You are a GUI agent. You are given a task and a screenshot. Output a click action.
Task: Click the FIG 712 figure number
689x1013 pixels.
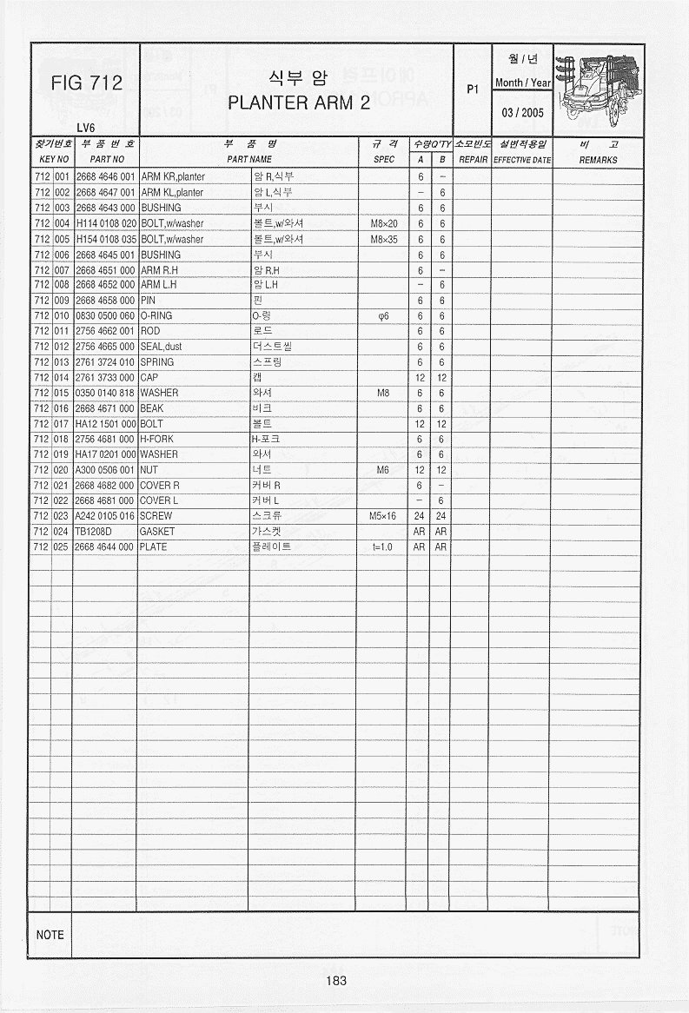[87, 83]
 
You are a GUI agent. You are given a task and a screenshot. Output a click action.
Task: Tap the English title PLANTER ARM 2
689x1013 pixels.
[299, 103]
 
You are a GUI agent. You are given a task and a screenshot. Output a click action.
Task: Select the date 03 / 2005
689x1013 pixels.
[522, 113]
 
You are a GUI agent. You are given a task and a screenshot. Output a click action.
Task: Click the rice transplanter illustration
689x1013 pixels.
[598, 89]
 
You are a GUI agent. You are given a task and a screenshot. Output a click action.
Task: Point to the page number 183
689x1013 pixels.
[336, 980]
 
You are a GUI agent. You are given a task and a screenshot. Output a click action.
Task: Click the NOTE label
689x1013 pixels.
[50, 935]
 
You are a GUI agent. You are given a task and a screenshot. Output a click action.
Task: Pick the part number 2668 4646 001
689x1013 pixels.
[105, 176]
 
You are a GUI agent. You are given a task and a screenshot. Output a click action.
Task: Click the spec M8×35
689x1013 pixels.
[383, 239]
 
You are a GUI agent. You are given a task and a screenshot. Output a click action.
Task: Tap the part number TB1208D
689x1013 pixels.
[94, 531]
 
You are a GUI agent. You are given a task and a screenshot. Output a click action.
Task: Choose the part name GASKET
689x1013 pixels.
[157, 531]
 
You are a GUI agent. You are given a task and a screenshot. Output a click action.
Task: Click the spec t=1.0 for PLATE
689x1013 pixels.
[383, 546]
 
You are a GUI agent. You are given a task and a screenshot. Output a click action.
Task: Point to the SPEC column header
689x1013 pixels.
[383, 160]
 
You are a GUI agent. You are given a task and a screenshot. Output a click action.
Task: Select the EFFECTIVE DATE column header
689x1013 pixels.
[522, 160]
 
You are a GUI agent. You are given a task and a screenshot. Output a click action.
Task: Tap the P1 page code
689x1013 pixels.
[473, 89]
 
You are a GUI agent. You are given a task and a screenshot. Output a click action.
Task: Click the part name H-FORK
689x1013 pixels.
[157, 439]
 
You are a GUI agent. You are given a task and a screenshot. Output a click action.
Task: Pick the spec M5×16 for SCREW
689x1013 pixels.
[383, 515]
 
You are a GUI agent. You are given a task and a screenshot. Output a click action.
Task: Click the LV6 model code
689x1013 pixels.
[85, 128]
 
